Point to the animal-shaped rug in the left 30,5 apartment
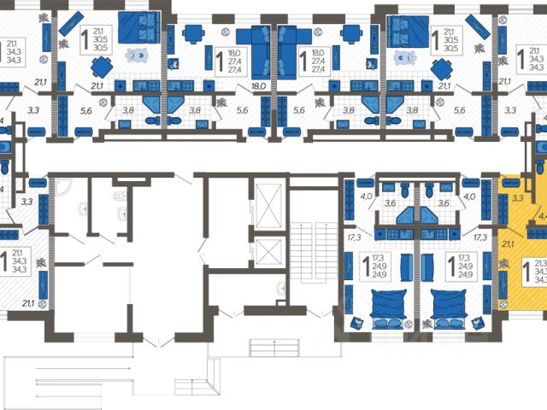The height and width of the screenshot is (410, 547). coord(135,55)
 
